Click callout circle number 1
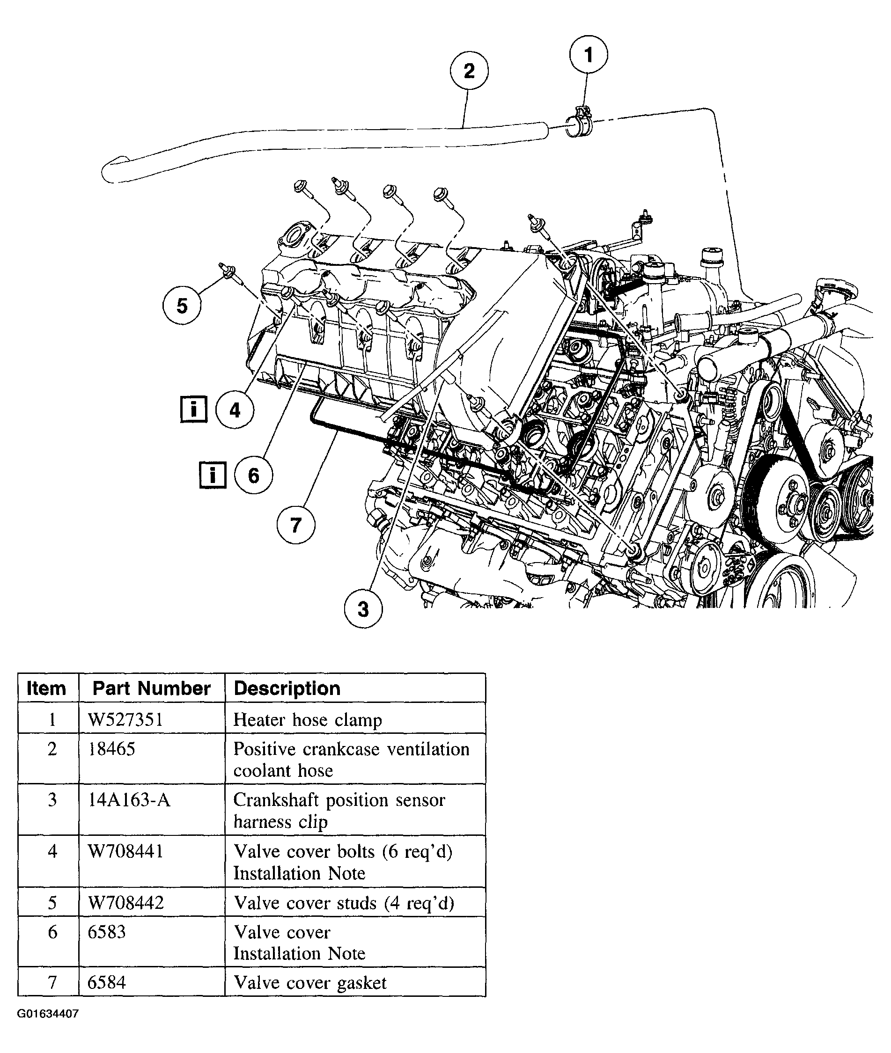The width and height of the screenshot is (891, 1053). click(x=588, y=54)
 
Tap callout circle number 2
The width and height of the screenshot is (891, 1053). click(x=469, y=71)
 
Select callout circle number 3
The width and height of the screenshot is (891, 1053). click(x=363, y=609)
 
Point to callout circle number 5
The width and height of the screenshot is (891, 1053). click(x=182, y=306)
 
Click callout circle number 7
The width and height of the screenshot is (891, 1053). click(x=296, y=525)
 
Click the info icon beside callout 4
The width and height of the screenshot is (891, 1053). click(x=194, y=409)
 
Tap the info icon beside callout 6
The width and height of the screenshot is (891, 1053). click(x=213, y=475)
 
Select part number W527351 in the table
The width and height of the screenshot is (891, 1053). click(x=125, y=720)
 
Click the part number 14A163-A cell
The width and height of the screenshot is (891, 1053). click(x=129, y=800)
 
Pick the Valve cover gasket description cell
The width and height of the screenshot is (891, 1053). click(x=309, y=983)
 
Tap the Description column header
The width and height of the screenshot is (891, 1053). click(x=287, y=688)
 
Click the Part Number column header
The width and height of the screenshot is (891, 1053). click(x=152, y=688)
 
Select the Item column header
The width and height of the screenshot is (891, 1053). click(x=46, y=688)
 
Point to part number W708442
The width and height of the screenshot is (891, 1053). click(x=126, y=903)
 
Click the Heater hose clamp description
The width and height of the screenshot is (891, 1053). click(x=307, y=720)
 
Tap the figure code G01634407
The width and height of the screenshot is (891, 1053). click(x=48, y=1014)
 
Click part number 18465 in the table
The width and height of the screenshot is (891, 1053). click(x=111, y=749)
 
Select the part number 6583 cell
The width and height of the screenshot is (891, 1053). click(x=107, y=932)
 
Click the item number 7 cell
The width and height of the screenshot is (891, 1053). click(x=52, y=983)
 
